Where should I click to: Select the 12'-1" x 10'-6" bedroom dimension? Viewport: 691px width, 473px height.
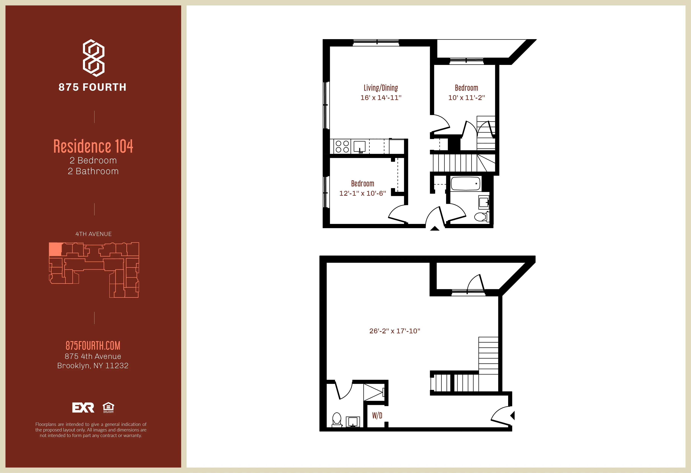coord(362,193)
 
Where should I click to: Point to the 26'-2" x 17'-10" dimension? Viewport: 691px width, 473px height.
coord(395,331)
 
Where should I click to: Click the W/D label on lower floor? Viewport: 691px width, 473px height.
coord(377,416)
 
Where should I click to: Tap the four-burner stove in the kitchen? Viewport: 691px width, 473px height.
coord(342,147)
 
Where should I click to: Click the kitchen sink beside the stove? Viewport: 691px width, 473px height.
coord(359,147)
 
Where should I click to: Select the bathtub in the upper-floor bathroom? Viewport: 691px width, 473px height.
coord(466,184)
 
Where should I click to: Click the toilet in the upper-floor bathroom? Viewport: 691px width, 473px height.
coord(481,217)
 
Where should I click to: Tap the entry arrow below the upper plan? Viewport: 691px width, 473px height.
coord(435,229)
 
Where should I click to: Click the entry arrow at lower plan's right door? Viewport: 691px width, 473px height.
coord(513,415)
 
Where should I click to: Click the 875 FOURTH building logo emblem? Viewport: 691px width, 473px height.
coord(93,58)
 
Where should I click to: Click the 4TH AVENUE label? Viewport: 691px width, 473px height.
coord(93,234)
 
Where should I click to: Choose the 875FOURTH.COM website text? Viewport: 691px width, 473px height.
coord(93,346)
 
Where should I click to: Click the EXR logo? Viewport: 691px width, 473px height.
coord(83,407)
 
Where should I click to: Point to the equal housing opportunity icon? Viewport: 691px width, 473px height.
coord(108,407)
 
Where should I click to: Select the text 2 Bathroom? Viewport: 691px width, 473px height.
coord(93,171)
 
